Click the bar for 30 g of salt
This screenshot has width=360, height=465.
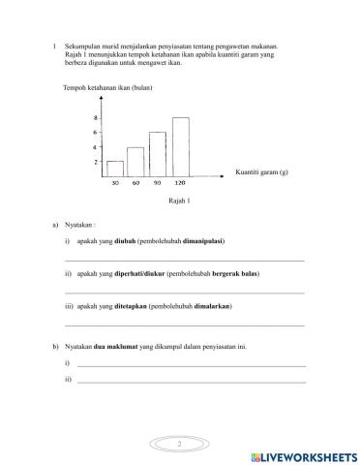pyautogui.click(x=115, y=168)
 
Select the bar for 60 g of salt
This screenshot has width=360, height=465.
pyautogui.click(x=135, y=161)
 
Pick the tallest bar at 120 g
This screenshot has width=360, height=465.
pyautogui.click(x=180, y=146)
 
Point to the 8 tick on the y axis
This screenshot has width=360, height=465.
pyautogui.click(x=95, y=118)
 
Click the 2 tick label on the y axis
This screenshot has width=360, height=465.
pyautogui.click(x=95, y=162)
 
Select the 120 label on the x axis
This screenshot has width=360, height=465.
pyautogui.click(x=180, y=182)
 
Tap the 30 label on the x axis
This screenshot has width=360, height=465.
pyautogui.click(x=115, y=182)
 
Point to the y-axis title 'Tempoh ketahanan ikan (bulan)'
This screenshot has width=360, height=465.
pyautogui.click(x=107, y=88)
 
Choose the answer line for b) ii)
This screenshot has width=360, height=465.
pyautogui.click(x=191, y=381)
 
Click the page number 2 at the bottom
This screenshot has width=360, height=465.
pyautogui.click(x=180, y=442)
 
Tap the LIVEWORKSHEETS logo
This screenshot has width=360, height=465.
pyautogui.click(x=304, y=455)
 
